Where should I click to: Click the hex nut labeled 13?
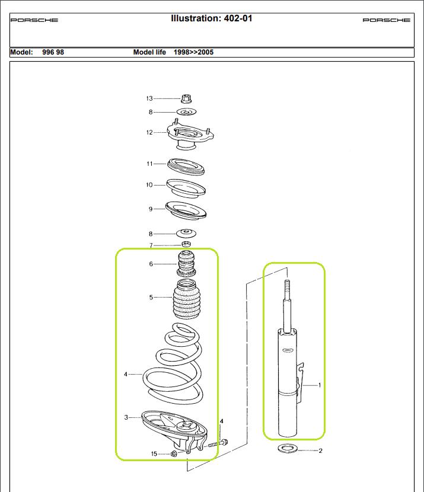point(185,99)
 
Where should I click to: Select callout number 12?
point(149,132)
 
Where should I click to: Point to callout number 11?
point(149,163)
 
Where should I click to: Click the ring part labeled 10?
point(186,188)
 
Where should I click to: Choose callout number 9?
point(151,209)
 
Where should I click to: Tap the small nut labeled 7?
point(186,245)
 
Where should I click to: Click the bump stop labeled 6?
point(186,264)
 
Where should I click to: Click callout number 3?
point(126,417)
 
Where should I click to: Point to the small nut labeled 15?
point(174,454)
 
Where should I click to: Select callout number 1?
point(320,385)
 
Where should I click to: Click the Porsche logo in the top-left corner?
point(34,20)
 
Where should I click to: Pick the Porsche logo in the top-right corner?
point(386,20)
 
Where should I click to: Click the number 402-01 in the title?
point(237,18)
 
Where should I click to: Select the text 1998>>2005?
point(193,52)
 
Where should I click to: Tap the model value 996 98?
point(53,52)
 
